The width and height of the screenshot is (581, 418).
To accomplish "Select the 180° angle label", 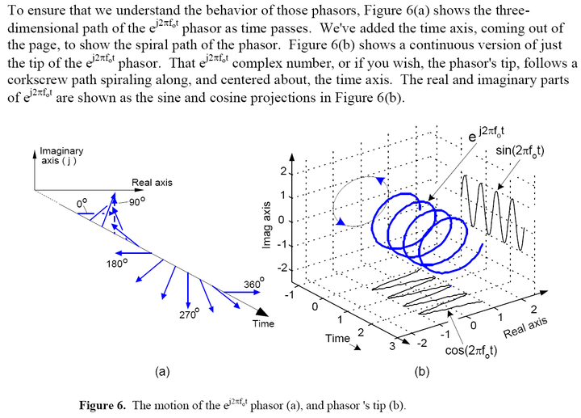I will (117, 263).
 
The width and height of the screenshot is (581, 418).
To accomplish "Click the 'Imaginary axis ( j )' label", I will (61, 157).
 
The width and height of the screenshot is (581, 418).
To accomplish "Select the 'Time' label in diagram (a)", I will (263, 323).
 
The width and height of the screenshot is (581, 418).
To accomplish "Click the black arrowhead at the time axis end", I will (262, 310).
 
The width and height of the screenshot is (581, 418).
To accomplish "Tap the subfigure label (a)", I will (161, 372).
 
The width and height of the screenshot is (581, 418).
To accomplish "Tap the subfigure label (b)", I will (421, 372).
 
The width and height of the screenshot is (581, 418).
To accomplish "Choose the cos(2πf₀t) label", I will (474, 352).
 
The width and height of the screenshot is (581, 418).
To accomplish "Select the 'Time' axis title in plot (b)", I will (337, 339).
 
